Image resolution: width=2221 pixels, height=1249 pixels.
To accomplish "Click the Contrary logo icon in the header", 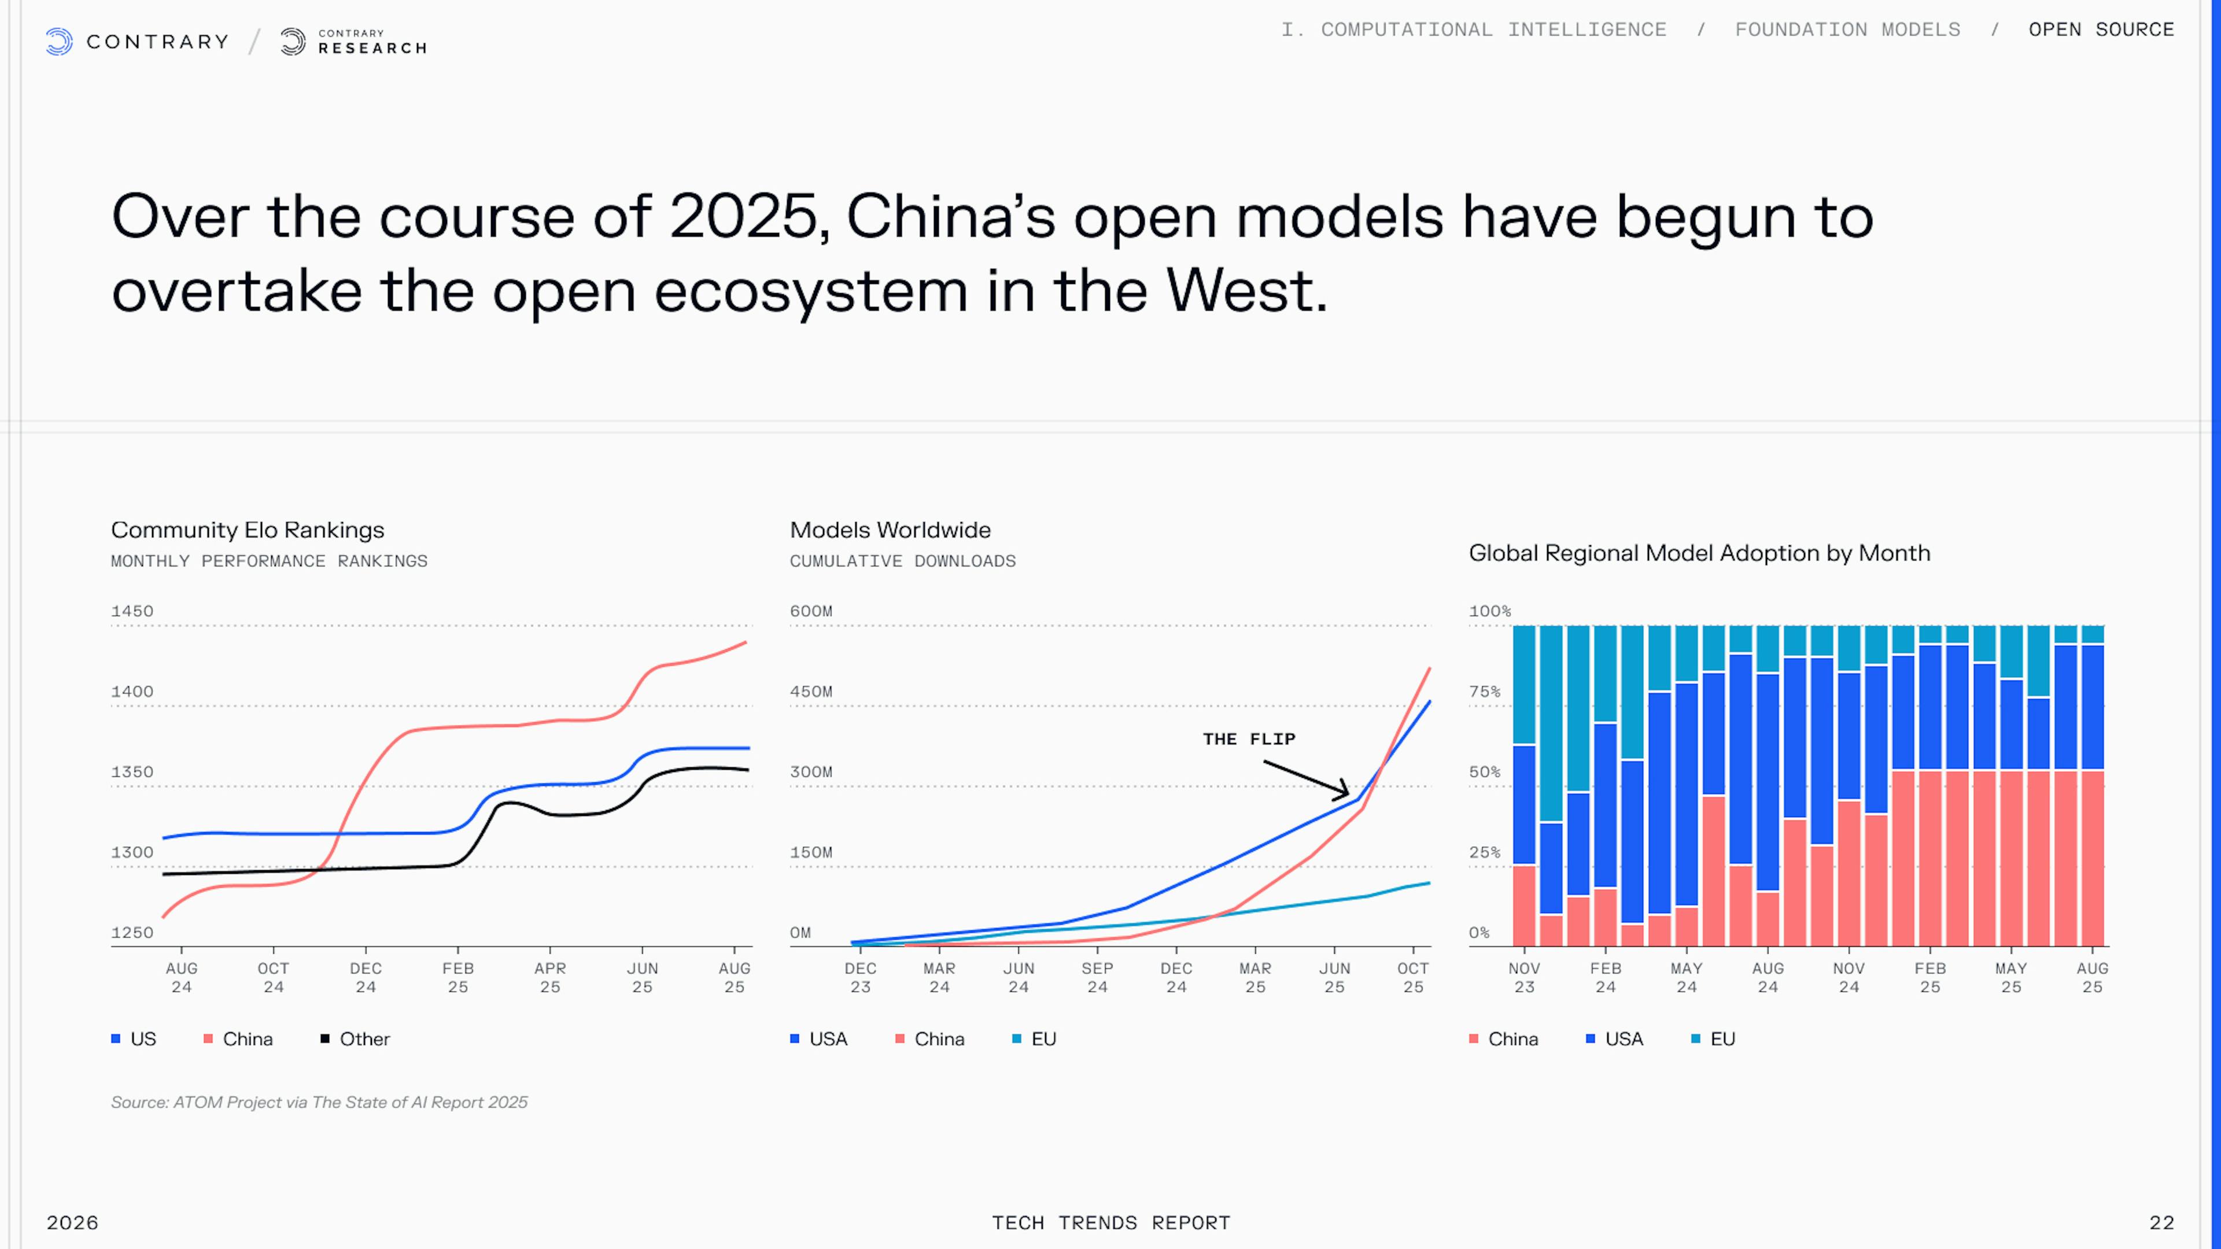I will [58, 42].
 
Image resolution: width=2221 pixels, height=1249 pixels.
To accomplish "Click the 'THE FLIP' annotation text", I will [1249, 739].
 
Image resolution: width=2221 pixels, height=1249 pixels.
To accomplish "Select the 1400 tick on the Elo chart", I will [132, 692].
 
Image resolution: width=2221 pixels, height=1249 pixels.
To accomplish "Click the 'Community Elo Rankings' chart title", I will [248, 530].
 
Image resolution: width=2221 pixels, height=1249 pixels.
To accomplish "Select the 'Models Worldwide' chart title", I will [890, 530].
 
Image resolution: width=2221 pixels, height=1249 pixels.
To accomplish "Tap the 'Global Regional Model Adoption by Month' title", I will [1699, 553].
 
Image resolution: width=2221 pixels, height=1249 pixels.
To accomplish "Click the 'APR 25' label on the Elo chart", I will [550, 977].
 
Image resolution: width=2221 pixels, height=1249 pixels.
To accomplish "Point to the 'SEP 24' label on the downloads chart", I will [1097, 977].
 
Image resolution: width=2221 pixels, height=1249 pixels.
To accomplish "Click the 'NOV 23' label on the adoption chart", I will [1523, 977].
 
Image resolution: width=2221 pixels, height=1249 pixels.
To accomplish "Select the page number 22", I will [2161, 1222].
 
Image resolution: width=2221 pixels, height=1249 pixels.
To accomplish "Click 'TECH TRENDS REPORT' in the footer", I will [1110, 1222].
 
